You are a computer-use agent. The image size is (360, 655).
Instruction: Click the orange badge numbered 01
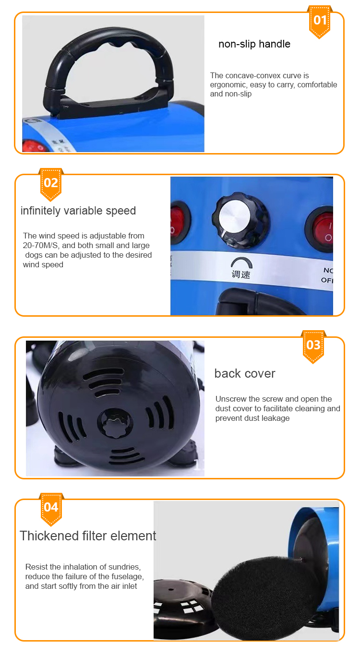point(320,21)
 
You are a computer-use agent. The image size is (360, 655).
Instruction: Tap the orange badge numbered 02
point(51,183)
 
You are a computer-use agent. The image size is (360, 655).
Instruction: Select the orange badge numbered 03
point(313,345)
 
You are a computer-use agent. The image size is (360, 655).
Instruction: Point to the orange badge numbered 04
point(51,507)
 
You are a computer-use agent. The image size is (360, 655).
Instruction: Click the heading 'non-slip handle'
point(254,44)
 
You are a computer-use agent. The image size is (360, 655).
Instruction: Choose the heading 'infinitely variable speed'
point(78,211)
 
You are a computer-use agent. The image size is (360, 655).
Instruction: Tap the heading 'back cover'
point(245,373)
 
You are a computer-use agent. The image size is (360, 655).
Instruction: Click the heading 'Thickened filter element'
point(88,536)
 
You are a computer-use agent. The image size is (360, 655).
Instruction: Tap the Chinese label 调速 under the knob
point(240,274)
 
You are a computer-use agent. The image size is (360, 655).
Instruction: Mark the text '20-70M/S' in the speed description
point(40,245)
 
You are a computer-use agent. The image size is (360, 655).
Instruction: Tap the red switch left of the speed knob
point(179,220)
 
